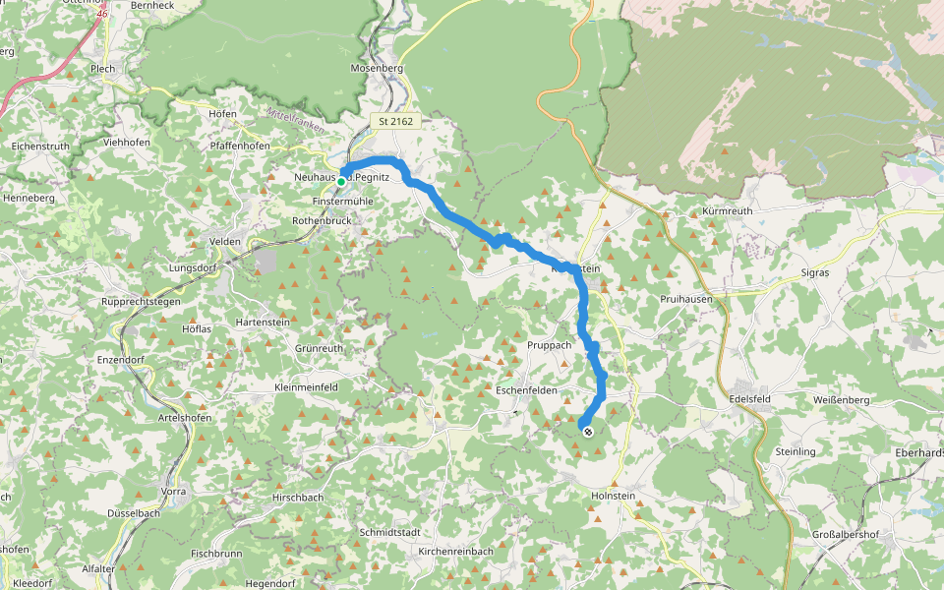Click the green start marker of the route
pyautogui.click(x=341, y=181)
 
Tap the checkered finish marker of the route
pyautogui.click(x=587, y=430)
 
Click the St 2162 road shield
pyautogui.click(x=396, y=121)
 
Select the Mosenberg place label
pyautogui.click(x=378, y=69)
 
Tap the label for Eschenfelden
pyautogui.click(x=526, y=390)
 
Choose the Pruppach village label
pyautogui.click(x=550, y=345)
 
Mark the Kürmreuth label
pyautogui.click(x=727, y=211)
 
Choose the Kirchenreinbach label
pyautogui.click(x=455, y=552)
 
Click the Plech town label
pyautogui.click(x=102, y=69)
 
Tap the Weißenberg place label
pyautogui.click(x=840, y=400)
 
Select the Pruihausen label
pyautogui.click(x=686, y=298)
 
